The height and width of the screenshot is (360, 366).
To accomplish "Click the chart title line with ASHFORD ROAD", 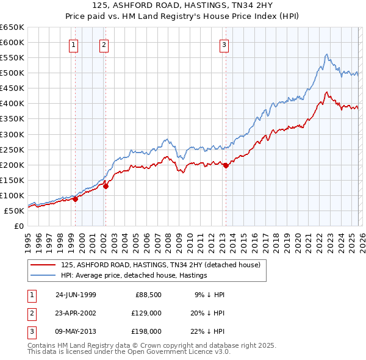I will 183,5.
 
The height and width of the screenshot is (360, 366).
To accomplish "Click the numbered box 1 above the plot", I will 74,44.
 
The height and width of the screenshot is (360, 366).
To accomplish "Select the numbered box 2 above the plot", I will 104,44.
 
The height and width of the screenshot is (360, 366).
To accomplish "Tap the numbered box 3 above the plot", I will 224,44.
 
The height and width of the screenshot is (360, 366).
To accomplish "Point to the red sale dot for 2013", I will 226,165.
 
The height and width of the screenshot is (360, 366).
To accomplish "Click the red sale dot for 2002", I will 106,187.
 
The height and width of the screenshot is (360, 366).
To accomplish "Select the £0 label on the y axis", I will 18,226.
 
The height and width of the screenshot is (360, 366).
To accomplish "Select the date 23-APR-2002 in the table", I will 76,313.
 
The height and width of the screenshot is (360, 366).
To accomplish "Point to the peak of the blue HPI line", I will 327,54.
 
